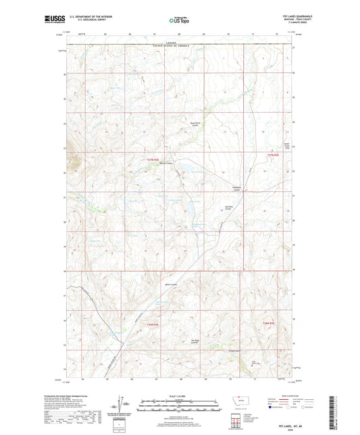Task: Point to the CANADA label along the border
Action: pyautogui.click(x=178, y=42)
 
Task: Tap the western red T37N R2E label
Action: pyautogui.click(x=153, y=159)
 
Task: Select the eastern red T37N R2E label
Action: pyautogui.click(x=269, y=156)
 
